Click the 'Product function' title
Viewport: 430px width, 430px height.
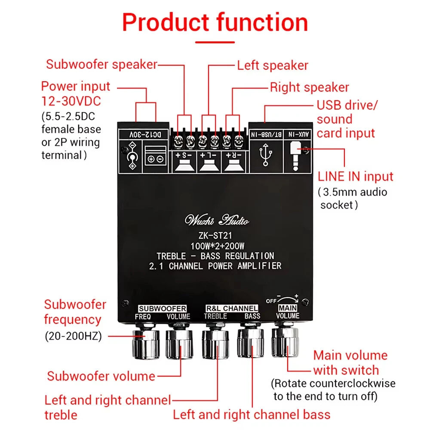215,22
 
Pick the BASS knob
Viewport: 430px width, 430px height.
250,343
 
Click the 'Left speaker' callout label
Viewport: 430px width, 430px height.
273,65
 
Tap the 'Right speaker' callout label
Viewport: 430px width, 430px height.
309,87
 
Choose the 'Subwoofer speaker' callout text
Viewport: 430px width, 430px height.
101,64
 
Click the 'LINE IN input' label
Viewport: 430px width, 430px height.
356,176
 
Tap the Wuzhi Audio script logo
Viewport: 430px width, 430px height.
217,221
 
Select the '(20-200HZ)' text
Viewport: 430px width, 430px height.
74,336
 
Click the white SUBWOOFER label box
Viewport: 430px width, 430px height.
162,308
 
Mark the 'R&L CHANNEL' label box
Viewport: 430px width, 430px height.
232,308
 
